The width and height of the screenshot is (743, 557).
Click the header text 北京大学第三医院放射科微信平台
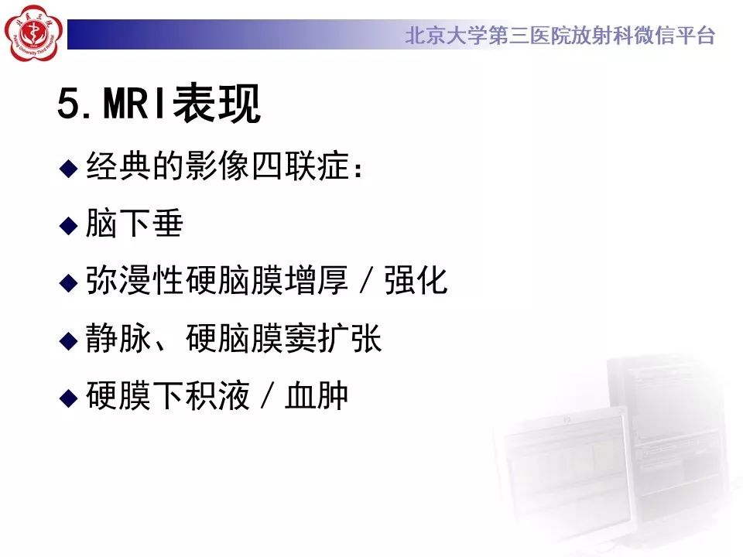click(560, 36)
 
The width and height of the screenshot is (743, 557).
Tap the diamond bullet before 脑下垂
click(70, 225)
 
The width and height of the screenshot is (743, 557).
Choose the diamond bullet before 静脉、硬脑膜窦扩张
click(70, 340)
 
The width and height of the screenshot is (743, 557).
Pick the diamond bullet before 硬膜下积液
click(70, 397)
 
